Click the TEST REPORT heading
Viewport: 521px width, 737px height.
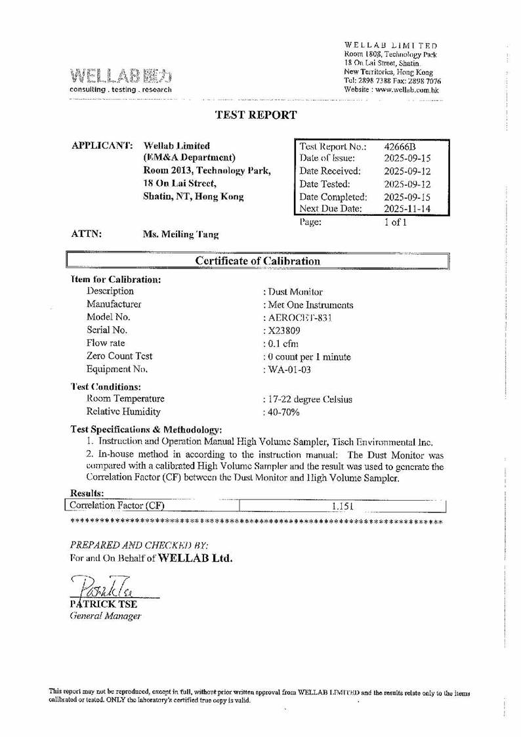256,116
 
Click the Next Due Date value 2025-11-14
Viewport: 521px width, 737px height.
407,209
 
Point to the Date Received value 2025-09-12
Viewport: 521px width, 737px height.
407,171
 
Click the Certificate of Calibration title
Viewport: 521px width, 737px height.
259,261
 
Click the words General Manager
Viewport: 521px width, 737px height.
106,616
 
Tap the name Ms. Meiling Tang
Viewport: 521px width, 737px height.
181,234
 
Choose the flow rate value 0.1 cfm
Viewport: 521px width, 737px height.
281,344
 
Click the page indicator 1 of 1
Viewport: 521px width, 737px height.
396,222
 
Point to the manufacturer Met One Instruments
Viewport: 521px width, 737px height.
308,305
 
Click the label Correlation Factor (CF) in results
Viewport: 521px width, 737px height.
116,506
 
